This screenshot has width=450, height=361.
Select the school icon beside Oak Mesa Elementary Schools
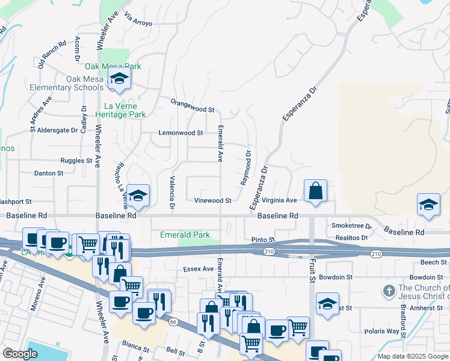119,79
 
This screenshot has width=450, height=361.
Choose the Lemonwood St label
180,132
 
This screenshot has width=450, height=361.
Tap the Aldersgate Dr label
58,130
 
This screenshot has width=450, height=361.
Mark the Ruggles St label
76,161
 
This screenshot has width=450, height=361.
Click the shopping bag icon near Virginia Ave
315,192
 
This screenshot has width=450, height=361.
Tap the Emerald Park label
185,235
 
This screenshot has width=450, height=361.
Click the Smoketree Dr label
352,226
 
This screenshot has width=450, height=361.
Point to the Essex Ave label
199,269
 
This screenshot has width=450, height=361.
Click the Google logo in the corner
20,354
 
